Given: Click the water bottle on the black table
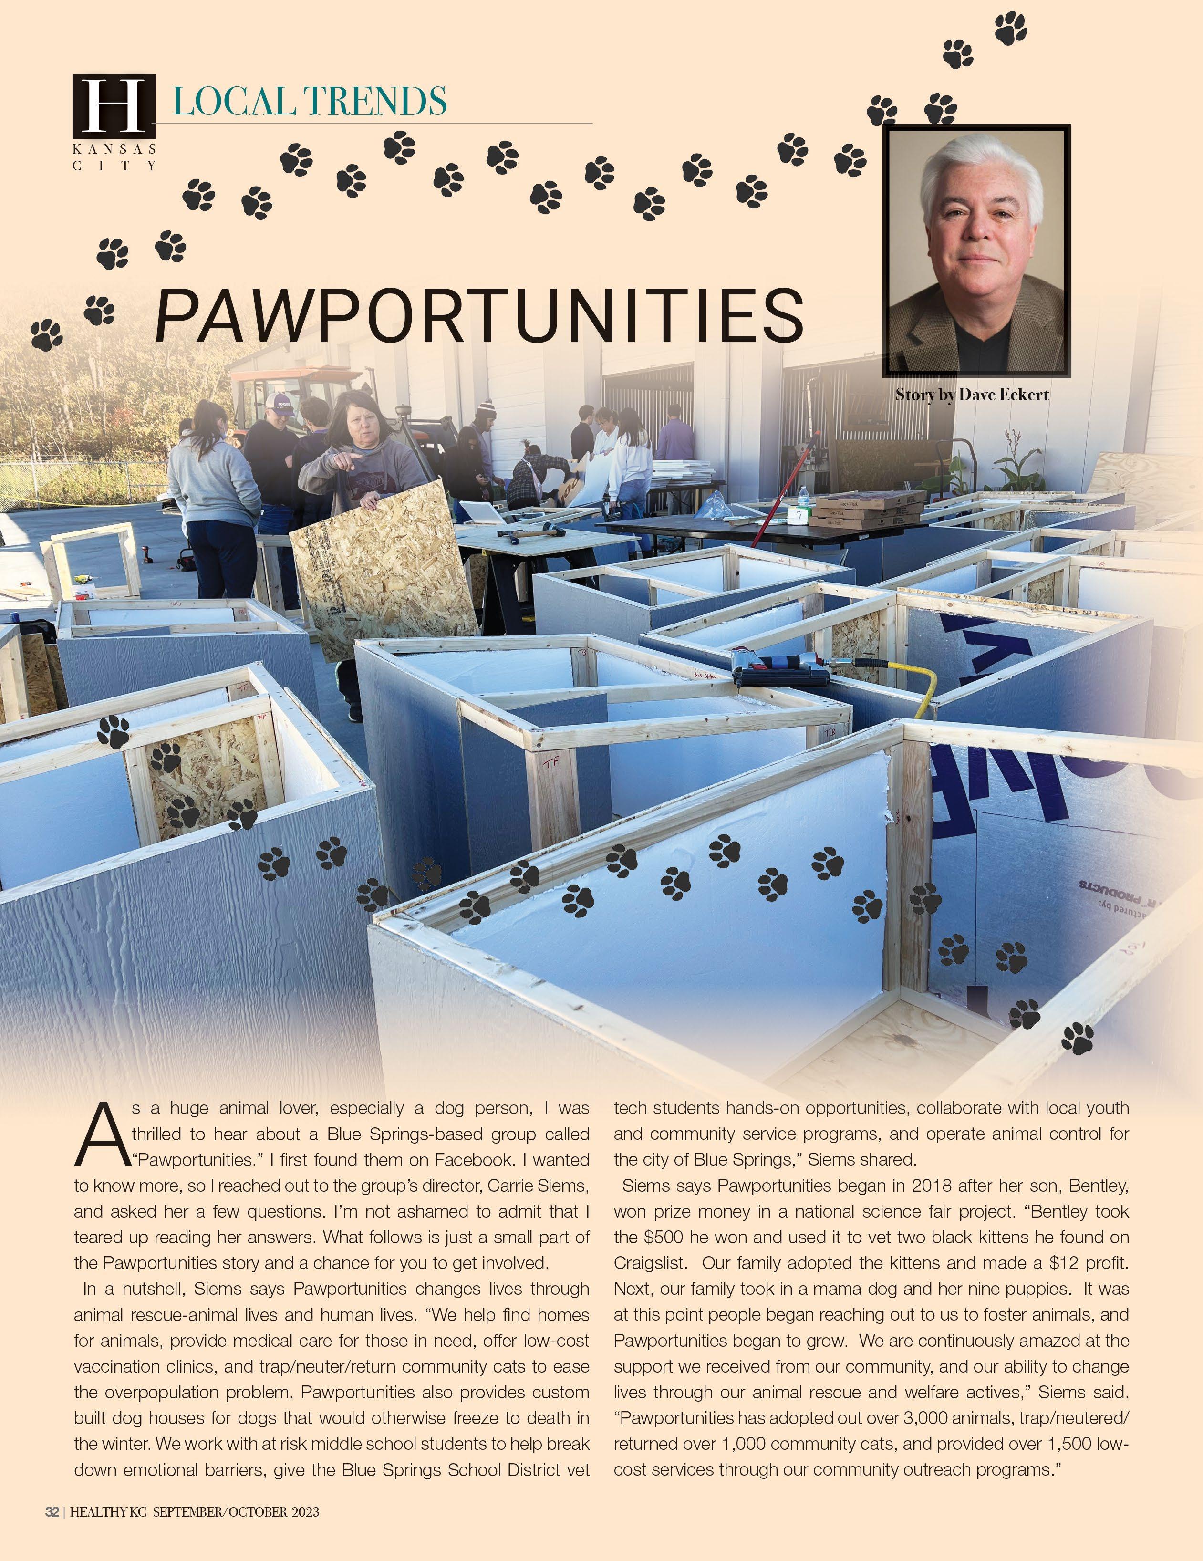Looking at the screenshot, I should pyautogui.click(x=803, y=498).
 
